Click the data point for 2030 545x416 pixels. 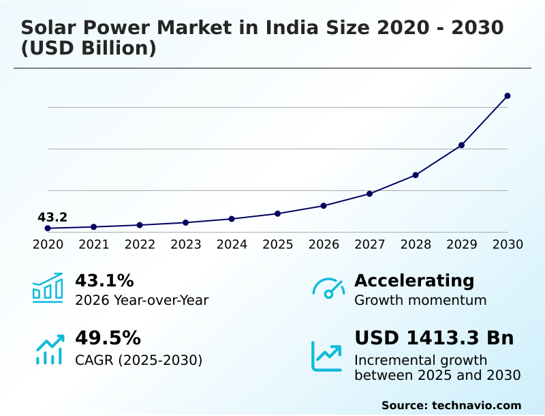click(x=508, y=96)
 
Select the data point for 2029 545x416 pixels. click(x=461, y=145)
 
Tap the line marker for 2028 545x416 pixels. click(x=416, y=175)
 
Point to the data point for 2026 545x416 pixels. click(x=324, y=206)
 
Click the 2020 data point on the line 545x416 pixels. click(x=48, y=228)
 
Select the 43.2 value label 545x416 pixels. click(x=52, y=218)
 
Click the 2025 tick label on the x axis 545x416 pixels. click(x=278, y=245)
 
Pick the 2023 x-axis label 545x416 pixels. click(x=186, y=245)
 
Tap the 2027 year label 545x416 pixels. click(x=370, y=245)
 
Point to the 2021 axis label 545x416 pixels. click(x=94, y=245)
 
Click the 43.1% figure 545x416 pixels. click(x=104, y=281)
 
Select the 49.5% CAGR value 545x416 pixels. click(x=108, y=338)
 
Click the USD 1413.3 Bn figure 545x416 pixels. click(x=434, y=338)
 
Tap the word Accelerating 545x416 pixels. click(x=414, y=281)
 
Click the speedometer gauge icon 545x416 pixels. click(x=328, y=288)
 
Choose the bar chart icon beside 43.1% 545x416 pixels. click(x=48, y=288)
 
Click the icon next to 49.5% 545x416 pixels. click(x=49, y=349)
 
